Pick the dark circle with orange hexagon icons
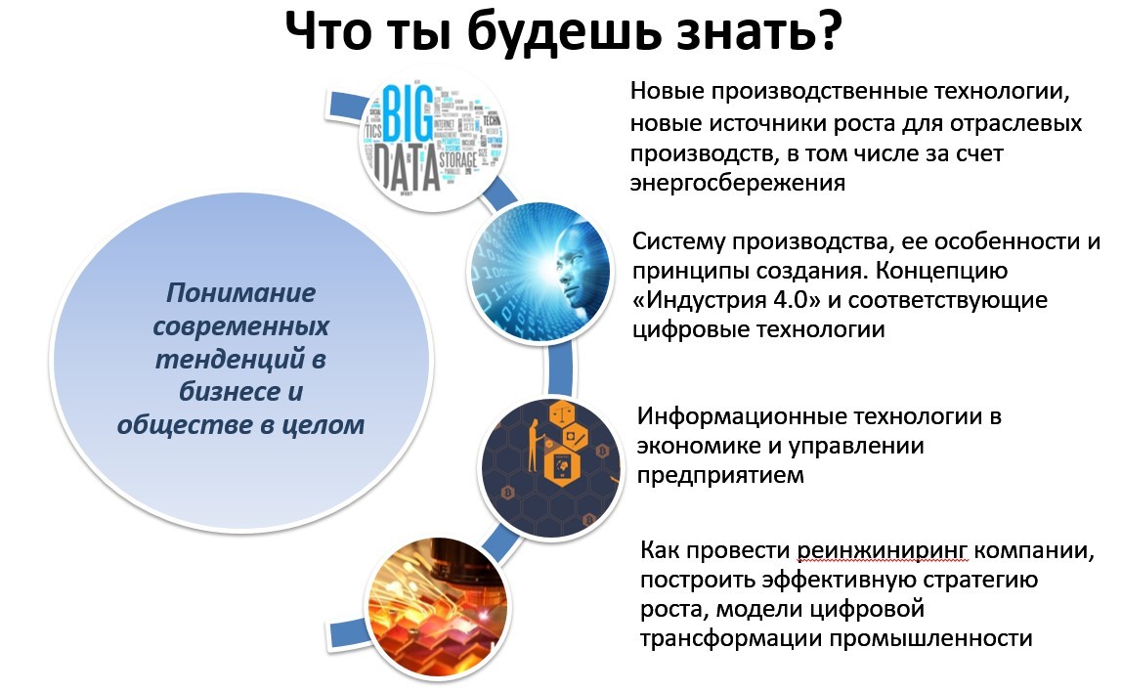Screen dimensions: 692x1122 tap(550, 455)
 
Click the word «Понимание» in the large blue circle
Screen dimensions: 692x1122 tap(240, 292)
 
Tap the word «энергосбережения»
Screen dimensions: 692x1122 tap(737, 183)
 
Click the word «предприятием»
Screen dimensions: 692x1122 tap(721, 475)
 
